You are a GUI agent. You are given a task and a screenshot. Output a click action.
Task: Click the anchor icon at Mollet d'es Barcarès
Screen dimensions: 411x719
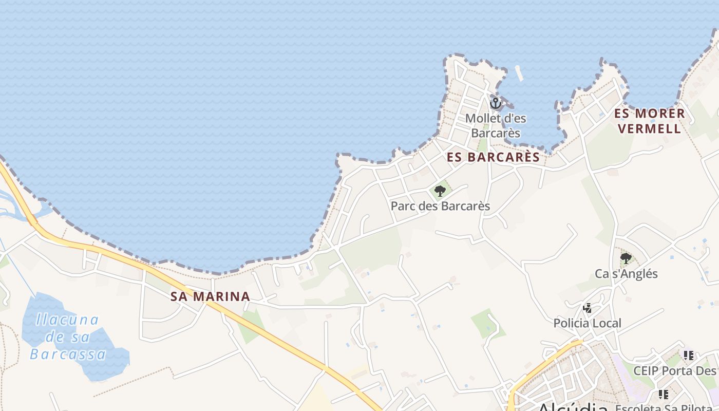point(495,103)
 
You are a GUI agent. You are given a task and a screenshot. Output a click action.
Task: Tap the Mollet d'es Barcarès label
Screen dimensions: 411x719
point(496,126)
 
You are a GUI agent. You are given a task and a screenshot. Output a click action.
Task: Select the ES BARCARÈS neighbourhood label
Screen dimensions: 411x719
point(494,158)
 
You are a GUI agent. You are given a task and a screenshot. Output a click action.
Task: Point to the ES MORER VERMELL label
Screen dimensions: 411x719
point(651,121)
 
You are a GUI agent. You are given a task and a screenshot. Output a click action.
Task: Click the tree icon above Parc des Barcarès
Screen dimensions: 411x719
point(440,192)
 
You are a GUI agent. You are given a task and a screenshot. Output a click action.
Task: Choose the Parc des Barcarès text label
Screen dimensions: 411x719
point(440,207)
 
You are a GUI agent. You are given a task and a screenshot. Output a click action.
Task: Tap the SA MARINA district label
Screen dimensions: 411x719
point(211,296)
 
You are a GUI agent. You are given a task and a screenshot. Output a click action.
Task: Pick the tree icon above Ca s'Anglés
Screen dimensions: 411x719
point(626,258)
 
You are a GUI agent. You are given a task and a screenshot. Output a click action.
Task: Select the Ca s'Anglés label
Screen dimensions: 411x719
point(626,274)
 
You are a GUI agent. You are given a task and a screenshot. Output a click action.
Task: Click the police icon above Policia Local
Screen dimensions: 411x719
point(588,308)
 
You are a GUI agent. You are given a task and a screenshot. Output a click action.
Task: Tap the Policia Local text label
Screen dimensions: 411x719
point(588,324)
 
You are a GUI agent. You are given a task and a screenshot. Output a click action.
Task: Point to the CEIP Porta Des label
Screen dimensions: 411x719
point(675,371)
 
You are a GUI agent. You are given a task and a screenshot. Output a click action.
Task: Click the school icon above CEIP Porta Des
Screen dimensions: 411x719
point(689,356)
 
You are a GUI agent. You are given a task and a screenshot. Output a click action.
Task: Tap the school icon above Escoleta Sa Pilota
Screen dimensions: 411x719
point(664,395)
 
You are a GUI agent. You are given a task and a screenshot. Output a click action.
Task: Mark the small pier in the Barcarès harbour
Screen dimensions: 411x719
point(520,73)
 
